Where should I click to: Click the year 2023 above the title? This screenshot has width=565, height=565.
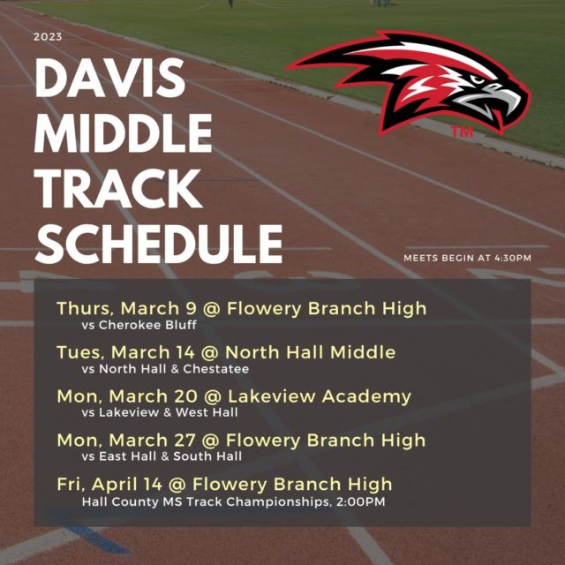tap(48, 37)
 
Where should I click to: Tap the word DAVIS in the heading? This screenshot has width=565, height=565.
tap(109, 79)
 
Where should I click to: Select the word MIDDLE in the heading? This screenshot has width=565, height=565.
tap(123, 133)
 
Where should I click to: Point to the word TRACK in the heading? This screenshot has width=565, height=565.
tap(117, 188)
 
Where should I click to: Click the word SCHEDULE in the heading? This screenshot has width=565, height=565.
tap(159, 244)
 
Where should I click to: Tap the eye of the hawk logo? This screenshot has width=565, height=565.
tap(478, 79)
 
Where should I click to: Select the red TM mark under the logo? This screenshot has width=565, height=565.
tap(462, 132)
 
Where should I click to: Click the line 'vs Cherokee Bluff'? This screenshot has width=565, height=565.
tap(139, 325)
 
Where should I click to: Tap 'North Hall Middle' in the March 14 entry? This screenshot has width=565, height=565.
tap(310, 352)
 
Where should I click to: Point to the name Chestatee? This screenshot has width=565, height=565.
tap(215, 369)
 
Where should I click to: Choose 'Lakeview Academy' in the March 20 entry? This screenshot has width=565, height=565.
tap(320, 396)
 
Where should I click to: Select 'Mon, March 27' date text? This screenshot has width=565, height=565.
tap(126, 441)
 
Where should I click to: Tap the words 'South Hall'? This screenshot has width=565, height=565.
tap(207, 456)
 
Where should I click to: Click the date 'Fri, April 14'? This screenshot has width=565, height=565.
tap(109, 485)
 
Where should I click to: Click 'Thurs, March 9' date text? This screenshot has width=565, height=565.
tap(126, 308)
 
